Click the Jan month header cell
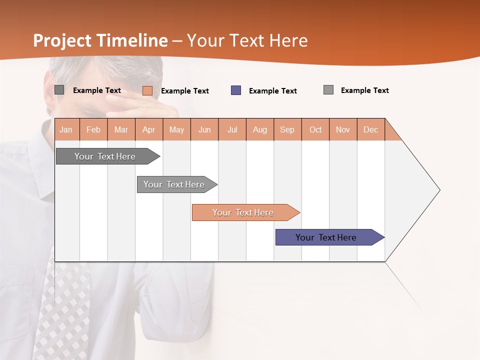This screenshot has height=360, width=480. [66, 130]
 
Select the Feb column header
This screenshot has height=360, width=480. [93, 130]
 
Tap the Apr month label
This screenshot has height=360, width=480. [149, 130]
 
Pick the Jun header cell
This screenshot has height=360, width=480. [204, 130]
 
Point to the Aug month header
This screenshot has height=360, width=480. [260, 130]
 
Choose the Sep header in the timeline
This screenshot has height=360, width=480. [287, 130]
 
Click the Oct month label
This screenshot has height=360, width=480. [315, 130]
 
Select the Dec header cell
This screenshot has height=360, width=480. [371, 130]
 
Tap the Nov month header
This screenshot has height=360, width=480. [343, 130]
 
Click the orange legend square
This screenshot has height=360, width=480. [147, 90]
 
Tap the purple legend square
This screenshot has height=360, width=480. [236, 90]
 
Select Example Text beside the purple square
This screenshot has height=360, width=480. [273, 91]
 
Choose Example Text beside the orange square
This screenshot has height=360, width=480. [185, 91]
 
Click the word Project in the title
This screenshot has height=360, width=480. [62, 40]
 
